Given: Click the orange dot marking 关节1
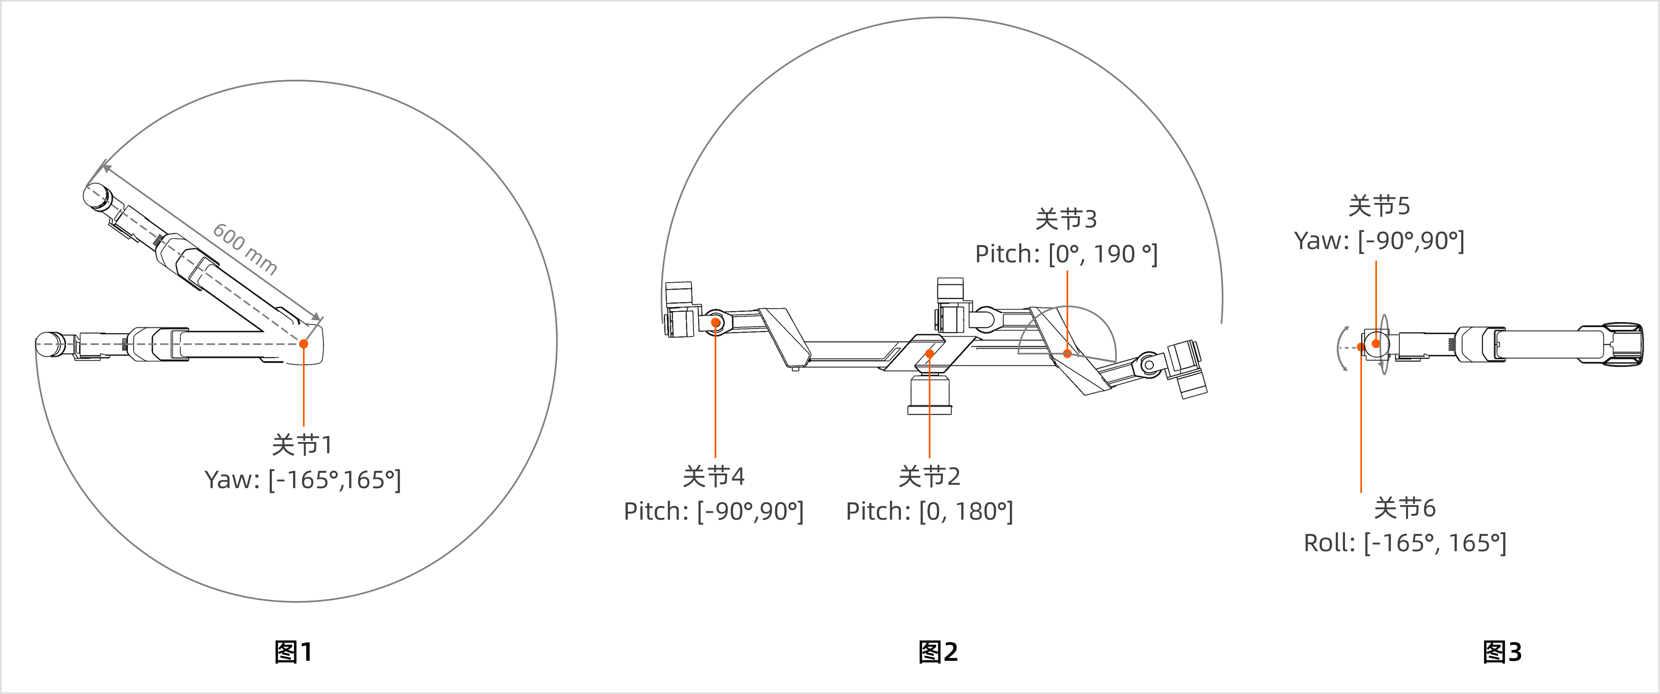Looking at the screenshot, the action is pos(303,343).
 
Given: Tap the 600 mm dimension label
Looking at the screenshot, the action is pos(245,249).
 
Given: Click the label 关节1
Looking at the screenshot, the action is pos(302,445).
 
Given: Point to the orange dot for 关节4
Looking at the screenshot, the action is pos(715,322).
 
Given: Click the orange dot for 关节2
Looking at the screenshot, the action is pos(929,354).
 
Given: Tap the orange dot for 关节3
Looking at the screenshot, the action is pos(1067,353).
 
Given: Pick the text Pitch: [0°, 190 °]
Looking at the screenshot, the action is pos(1067,254).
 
